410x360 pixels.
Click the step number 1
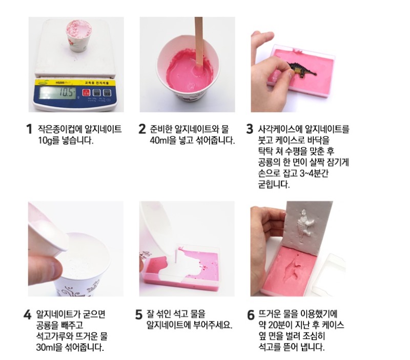coord(29,129)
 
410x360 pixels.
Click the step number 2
coord(142,129)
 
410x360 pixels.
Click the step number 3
coord(250,129)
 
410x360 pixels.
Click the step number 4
coord(28,314)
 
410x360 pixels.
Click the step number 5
coord(139,314)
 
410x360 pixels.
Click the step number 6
coord(251,314)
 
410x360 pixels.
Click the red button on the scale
coord(86,93)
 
